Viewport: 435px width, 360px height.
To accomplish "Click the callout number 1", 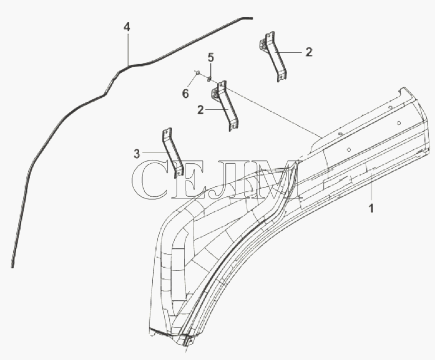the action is (x=371, y=208).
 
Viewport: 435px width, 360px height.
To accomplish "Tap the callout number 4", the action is (x=127, y=27).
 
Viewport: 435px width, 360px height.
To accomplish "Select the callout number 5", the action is (x=211, y=58).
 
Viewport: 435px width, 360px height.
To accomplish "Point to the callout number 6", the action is (x=185, y=94).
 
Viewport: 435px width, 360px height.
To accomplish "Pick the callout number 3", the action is (x=137, y=154).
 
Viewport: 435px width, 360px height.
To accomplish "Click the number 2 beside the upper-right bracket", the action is (x=309, y=52).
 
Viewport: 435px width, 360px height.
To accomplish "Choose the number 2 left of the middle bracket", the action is (x=200, y=110).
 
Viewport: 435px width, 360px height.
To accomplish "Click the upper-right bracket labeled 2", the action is (x=274, y=56).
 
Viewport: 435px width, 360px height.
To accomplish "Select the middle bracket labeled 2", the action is (x=226, y=106).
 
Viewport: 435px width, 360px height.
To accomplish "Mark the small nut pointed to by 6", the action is (x=197, y=73).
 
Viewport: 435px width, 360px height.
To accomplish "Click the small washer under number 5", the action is (x=209, y=80).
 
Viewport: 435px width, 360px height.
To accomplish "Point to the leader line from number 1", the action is (x=371, y=188).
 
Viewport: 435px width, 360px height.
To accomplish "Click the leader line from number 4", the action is (x=128, y=49).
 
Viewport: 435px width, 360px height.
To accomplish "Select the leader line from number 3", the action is (x=155, y=152).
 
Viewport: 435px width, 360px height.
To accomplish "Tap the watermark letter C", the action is (x=150, y=180).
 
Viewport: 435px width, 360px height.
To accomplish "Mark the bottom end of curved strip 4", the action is (x=12, y=267).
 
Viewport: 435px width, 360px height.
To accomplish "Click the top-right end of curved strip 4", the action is (x=252, y=18).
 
